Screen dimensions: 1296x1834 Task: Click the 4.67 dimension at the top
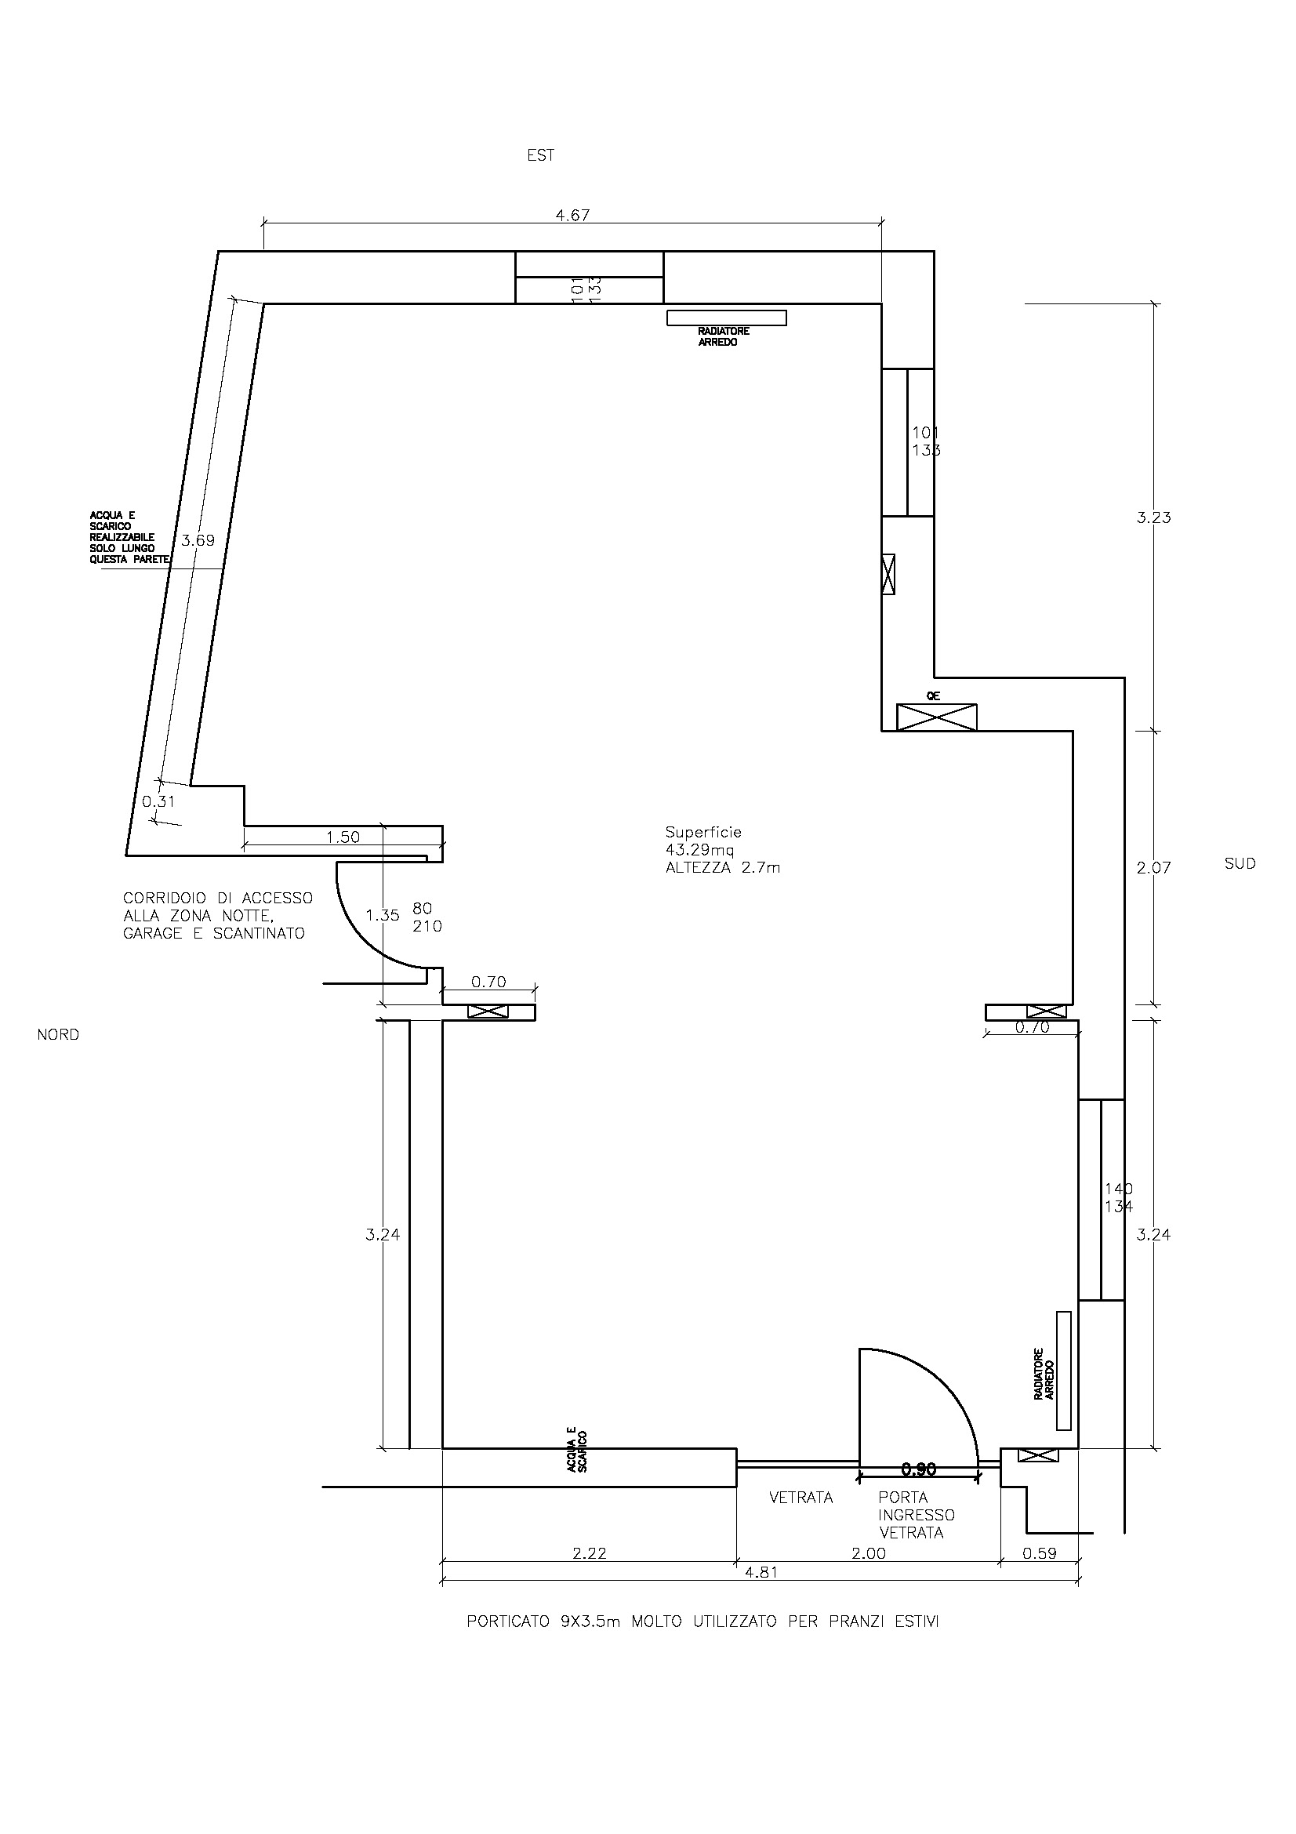click(572, 215)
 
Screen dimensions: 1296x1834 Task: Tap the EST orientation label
click(541, 155)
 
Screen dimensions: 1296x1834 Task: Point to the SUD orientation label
click(1240, 863)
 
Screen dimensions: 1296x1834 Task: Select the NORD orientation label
click(58, 1034)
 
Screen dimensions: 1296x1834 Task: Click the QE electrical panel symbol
click(936, 717)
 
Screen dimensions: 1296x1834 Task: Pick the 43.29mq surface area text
click(699, 849)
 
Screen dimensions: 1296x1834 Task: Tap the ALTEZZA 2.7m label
click(723, 867)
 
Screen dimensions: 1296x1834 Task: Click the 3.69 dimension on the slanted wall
click(198, 540)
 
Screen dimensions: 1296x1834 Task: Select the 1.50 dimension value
click(343, 837)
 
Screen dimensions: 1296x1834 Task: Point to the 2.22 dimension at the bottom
click(590, 1553)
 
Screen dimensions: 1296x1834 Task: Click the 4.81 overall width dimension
click(761, 1572)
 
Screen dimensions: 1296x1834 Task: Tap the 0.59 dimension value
click(1040, 1553)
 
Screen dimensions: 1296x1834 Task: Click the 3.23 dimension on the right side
click(1154, 518)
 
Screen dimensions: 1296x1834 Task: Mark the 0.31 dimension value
click(158, 801)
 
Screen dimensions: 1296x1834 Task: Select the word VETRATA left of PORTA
click(801, 1498)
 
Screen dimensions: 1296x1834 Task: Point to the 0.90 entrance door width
click(918, 1469)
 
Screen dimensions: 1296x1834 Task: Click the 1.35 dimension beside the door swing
click(383, 915)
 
